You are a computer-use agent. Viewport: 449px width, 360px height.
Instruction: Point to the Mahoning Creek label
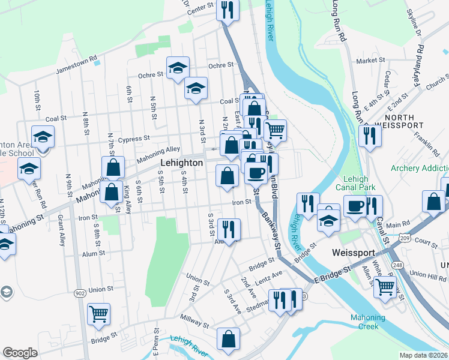coord(360,322)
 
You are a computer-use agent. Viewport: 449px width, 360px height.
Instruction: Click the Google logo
coord(20,353)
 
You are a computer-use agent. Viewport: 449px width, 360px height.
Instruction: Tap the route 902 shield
coord(80,293)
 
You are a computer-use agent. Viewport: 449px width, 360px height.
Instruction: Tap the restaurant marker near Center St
coord(228,10)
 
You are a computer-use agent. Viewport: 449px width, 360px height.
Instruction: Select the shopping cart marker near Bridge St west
coord(99,313)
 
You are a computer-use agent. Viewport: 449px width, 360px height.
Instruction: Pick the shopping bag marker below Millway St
coord(229,339)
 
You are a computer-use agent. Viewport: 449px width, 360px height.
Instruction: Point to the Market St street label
coord(370,61)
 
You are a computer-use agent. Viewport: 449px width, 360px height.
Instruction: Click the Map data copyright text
coord(424,355)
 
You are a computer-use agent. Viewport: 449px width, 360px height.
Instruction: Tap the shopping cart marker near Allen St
coord(385,287)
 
